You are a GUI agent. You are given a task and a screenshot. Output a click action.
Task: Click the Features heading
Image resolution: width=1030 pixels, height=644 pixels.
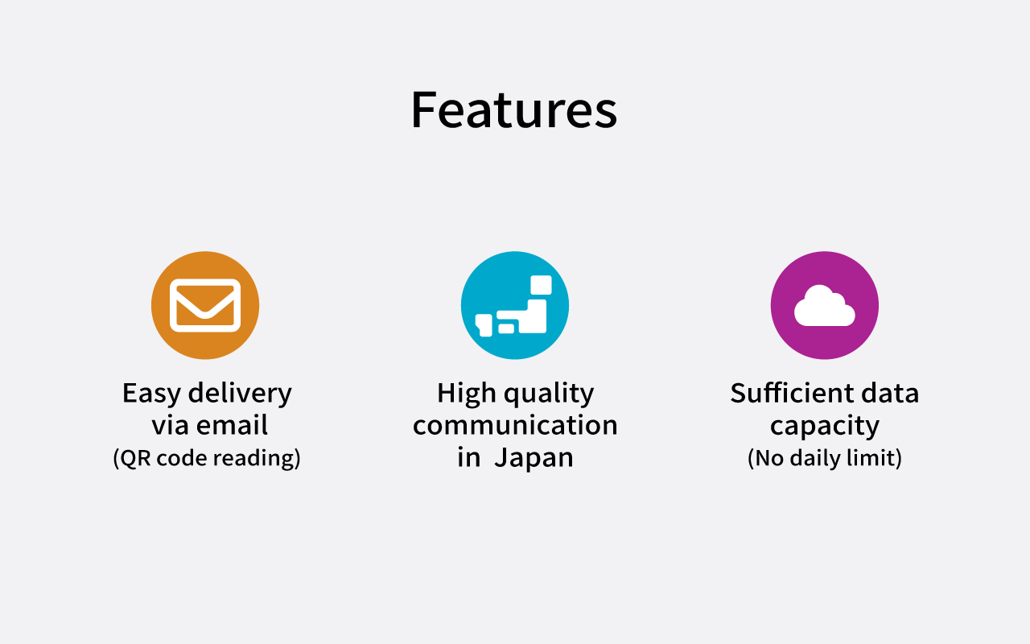point(514,110)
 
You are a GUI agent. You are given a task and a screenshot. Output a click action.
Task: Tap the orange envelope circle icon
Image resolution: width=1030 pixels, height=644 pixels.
point(205,305)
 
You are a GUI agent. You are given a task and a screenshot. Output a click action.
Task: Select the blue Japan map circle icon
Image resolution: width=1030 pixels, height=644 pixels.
point(515,305)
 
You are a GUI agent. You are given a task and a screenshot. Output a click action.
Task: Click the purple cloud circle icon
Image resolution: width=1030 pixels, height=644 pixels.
point(825,305)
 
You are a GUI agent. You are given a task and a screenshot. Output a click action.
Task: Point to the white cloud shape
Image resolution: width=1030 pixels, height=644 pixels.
point(825,306)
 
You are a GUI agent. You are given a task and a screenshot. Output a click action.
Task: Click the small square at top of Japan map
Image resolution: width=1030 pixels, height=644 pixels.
point(541,285)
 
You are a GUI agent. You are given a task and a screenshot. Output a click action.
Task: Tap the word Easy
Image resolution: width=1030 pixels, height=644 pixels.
point(151,394)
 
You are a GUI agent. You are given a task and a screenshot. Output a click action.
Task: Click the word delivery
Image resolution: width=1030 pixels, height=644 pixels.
point(240,394)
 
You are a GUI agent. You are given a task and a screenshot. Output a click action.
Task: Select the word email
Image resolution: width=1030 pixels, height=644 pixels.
point(232,425)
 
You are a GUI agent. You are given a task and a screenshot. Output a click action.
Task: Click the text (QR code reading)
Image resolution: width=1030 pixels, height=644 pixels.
point(207,458)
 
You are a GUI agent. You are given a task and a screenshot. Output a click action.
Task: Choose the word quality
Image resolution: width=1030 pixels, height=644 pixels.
point(549,394)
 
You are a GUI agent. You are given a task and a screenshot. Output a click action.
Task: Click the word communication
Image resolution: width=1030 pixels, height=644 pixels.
point(515,425)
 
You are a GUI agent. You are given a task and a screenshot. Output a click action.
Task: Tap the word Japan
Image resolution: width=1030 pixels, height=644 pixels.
point(534,458)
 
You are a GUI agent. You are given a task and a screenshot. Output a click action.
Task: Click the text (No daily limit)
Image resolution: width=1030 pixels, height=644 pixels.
point(825,458)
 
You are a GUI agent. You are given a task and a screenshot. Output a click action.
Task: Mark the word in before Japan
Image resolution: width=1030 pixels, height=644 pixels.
point(468,457)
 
